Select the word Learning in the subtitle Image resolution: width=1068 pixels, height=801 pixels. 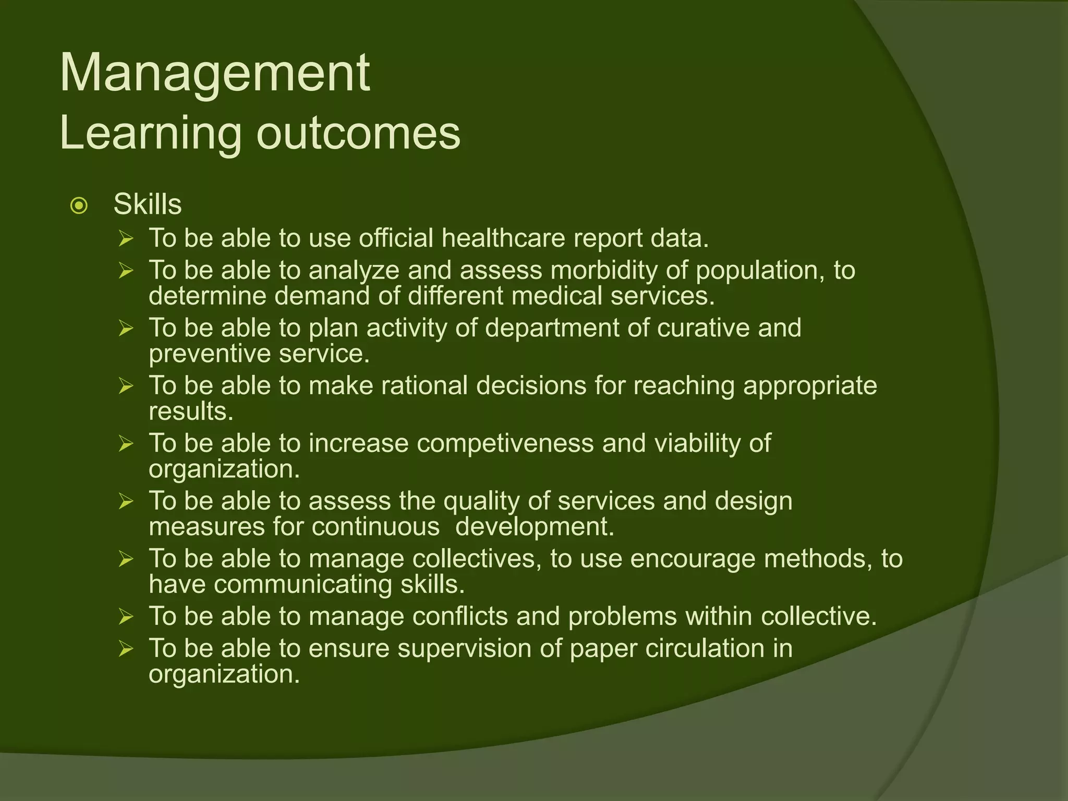coord(151,133)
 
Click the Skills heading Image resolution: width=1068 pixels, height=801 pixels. coord(148,204)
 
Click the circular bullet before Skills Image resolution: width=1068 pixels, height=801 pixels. coord(79,206)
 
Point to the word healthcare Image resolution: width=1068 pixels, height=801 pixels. coord(503,238)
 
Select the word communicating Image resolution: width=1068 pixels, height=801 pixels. coord(302,585)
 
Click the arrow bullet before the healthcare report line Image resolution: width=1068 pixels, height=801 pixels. coord(126,239)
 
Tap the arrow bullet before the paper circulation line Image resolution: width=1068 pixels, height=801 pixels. coord(126,649)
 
